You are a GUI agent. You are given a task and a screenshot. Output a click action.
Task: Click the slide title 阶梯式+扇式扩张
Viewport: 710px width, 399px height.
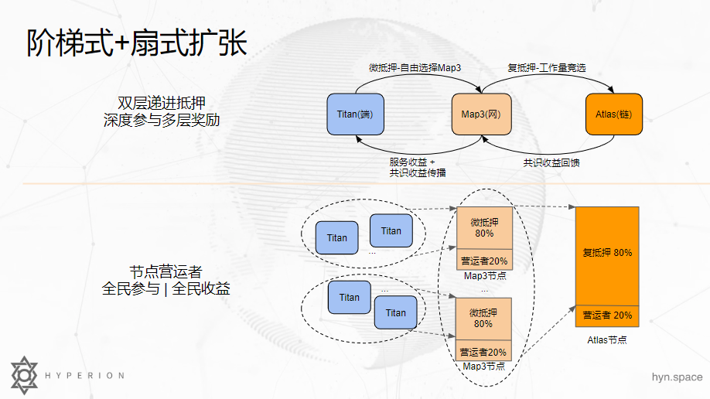136,43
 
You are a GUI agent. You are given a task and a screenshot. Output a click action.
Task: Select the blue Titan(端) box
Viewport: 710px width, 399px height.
356,114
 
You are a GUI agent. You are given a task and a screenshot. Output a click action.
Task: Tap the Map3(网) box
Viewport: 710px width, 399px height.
482,114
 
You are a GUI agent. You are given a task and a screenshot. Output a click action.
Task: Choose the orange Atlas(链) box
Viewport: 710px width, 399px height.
613,114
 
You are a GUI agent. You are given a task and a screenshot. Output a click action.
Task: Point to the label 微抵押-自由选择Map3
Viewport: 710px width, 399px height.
415,68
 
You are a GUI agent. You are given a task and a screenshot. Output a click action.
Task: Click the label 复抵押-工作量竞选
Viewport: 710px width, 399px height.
546,68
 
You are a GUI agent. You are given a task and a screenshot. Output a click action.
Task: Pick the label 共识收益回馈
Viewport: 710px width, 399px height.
551,162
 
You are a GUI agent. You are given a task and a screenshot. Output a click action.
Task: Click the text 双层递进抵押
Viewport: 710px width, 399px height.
162,103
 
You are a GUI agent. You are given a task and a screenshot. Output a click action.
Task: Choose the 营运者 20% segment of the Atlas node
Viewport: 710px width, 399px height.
607,315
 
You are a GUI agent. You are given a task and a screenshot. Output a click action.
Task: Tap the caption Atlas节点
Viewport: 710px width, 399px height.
607,339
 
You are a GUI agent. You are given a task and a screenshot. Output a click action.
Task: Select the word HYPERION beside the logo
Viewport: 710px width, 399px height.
84,376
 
